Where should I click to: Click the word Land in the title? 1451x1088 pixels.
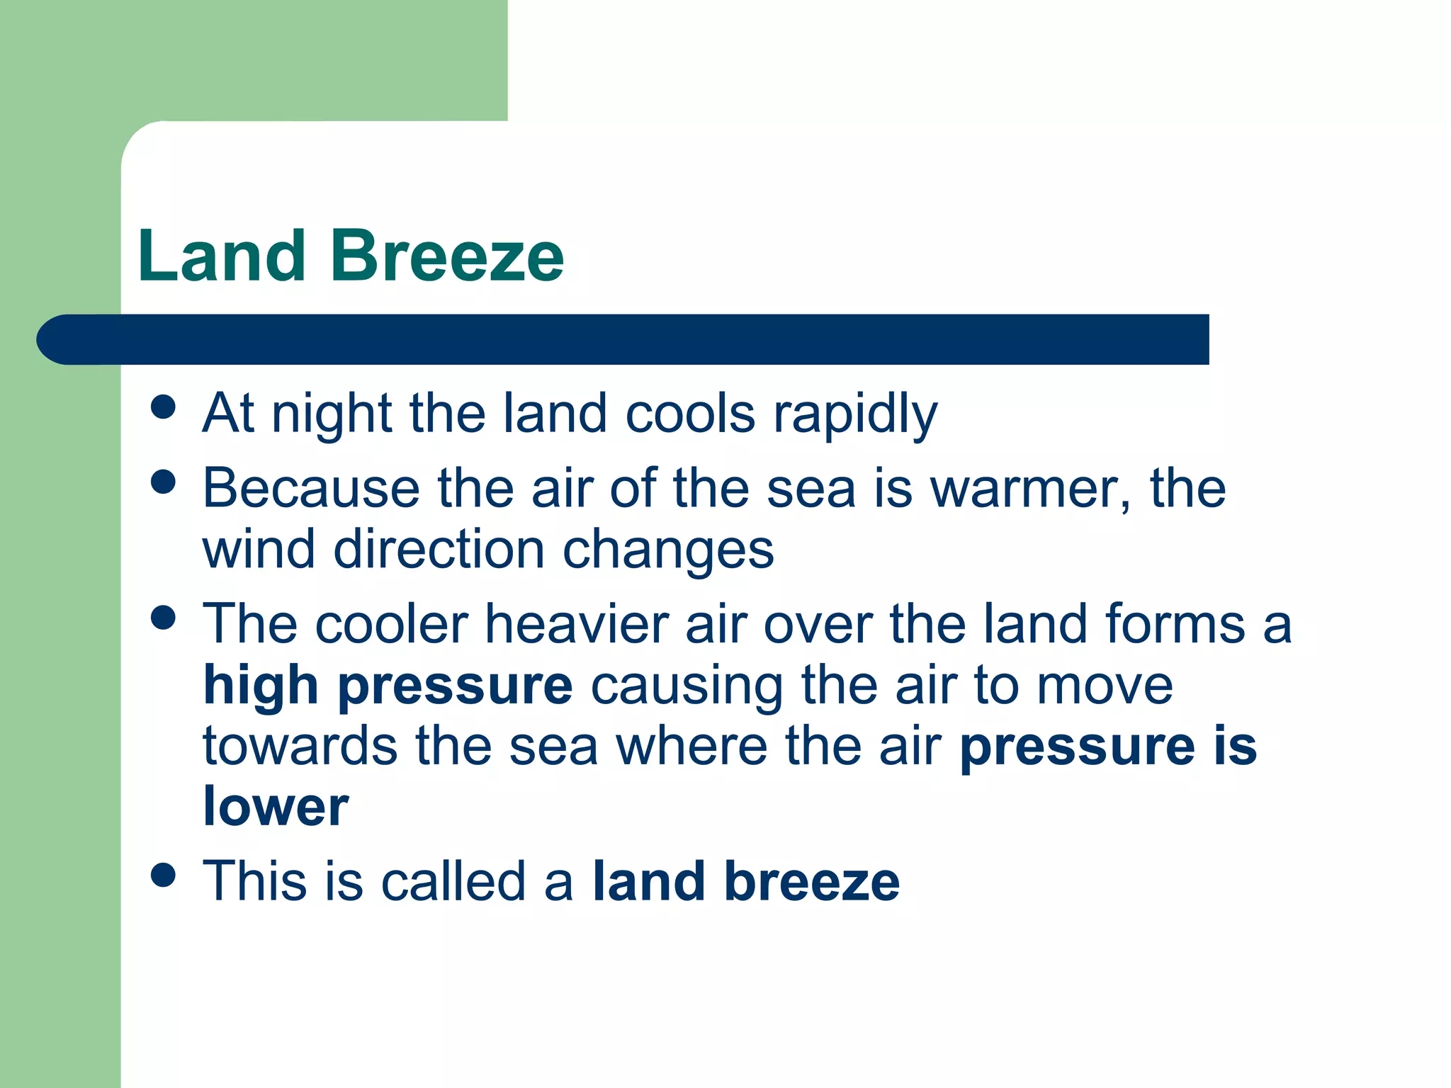[221, 256]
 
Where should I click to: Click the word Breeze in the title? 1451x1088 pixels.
[446, 256]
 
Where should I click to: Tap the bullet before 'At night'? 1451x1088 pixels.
[164, 407]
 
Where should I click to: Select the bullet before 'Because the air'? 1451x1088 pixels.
[164, 482]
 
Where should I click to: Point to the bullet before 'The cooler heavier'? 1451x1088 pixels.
[164, 617]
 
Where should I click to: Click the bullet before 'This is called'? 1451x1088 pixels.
[164, 875]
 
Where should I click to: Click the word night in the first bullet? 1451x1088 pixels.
[332, 414]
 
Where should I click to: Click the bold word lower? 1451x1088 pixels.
[276, 807]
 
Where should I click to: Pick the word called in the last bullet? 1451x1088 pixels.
[453, 882]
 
